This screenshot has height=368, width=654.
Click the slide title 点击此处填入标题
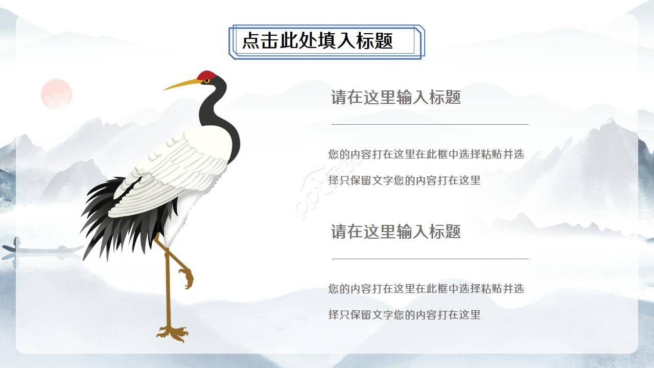(317, 41)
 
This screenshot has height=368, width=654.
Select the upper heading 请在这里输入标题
(395, 97)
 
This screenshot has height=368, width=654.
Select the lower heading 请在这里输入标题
(395, 232)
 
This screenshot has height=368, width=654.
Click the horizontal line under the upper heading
(430, 124)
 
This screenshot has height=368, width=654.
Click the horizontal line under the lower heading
(430, 259)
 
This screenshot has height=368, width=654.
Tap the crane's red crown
(206, 76)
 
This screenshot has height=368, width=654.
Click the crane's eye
(206, 81)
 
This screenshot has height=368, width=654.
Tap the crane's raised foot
(186, 279)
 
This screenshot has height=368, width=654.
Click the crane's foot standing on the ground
(172, 333)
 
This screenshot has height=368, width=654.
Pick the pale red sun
(56, 95)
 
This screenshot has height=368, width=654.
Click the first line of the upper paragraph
(426, 154)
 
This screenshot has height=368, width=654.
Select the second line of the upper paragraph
(404, 180)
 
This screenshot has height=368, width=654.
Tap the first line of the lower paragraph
(426, 289)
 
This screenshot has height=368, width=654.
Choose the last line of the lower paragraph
(404, 315)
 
